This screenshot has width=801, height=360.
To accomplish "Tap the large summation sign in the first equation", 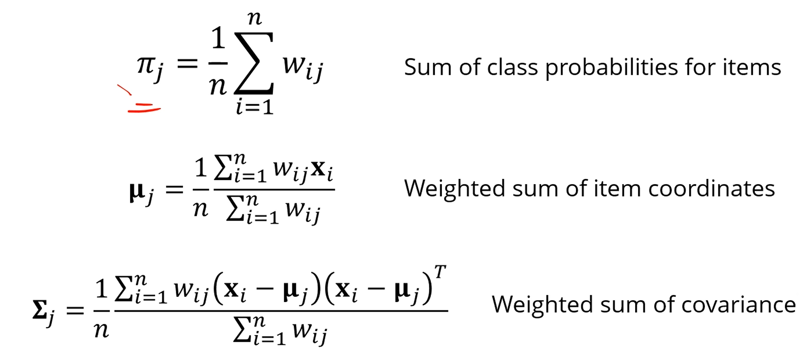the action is coord(254,63).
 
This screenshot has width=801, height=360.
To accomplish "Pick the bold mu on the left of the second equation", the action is coord(137,192).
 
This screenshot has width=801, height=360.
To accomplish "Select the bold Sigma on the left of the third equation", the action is coord(40,310).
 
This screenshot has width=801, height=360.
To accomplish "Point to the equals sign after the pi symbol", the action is coord(187,64).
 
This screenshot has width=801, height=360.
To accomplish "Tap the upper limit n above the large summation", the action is coord(254,18).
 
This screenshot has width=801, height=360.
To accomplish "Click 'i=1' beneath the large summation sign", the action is coord(255,107).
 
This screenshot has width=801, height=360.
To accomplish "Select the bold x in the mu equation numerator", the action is coord(319,168).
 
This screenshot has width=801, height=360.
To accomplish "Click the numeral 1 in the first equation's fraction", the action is coord(218,38).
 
